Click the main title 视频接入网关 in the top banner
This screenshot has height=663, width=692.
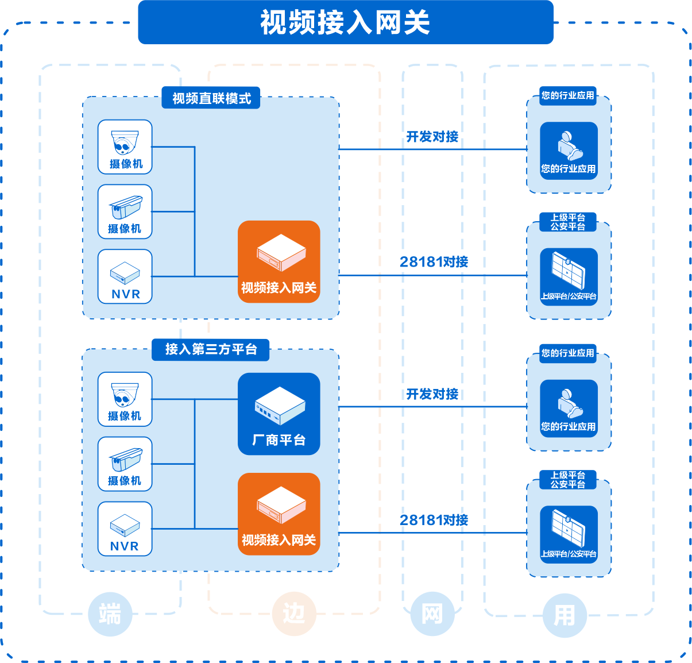point(345,23)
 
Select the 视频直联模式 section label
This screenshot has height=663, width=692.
point(211,98)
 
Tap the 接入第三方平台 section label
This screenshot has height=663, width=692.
point(211,349)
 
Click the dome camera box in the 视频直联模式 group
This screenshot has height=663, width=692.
point(125,147)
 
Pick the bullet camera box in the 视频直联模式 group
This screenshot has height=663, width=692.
point(125,211)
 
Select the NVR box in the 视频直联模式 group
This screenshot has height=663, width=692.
point(125,276)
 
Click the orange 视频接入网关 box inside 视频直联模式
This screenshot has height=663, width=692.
point(279,261)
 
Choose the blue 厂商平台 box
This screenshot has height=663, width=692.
point(279,414)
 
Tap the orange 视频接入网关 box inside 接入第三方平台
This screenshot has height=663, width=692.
point(279,514)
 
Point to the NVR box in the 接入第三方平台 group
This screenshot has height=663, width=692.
point(125,529)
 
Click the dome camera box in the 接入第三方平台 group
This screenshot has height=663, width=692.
point(125,399)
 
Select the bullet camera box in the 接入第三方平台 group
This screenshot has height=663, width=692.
point(125,464)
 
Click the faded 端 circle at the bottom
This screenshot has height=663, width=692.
point(110,614)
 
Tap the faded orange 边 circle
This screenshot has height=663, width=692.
point(294,614)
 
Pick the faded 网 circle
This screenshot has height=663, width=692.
point(432,614)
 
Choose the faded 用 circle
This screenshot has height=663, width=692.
point(565,616)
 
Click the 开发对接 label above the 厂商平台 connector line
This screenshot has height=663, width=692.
point(432,394)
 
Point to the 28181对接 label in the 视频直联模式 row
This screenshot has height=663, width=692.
point(434,262)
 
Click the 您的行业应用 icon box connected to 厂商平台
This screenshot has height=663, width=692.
point(569,408)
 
